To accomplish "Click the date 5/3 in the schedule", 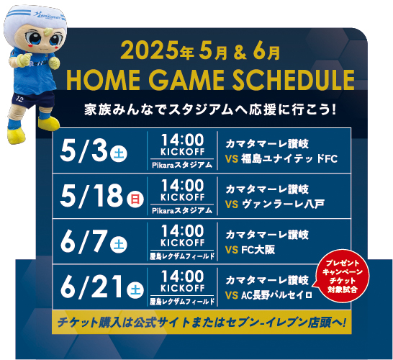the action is (x=83, y=151).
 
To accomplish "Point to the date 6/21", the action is (x=92, y=287).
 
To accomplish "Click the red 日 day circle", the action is (x=135, y=199).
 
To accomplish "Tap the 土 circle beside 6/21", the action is (x=135, y=290).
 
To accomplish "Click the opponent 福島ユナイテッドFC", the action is (x=289, y=159).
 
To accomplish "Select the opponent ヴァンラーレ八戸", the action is (x=283, y=204).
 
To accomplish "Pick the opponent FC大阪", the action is (x=258, y=250).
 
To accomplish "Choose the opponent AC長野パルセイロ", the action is (x=276, y=295).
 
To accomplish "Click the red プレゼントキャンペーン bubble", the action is (x=343, y=277).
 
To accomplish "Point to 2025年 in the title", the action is (x=158, y=51).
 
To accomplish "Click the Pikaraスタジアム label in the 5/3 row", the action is (x=182, y=165).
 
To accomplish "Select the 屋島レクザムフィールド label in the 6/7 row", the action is (x=182, y=256).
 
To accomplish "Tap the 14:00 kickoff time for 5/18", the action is (x=182, y=186).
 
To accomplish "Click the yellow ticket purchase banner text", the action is (x=202, y=323).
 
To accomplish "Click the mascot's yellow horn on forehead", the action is (x=48, y=32).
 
